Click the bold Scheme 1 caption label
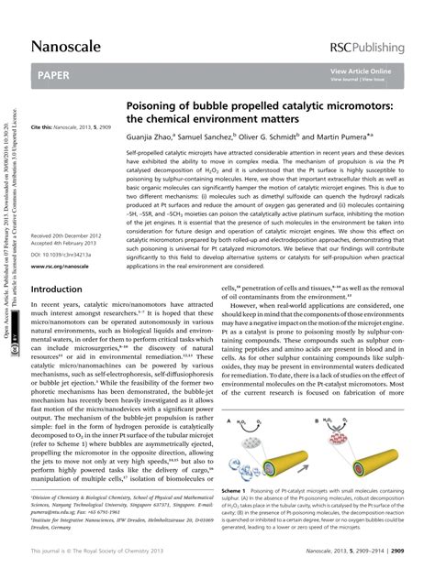pos(237,491)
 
